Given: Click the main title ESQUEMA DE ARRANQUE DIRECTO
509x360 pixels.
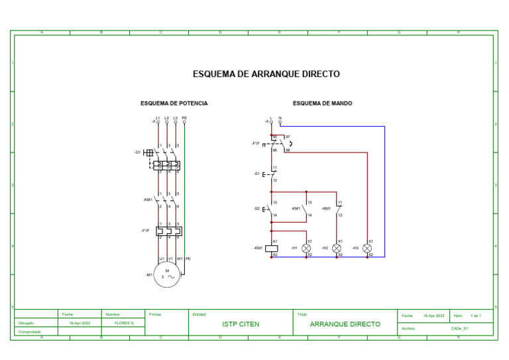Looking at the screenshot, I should (x=266, y=74).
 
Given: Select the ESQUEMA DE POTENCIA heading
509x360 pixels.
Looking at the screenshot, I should (x=174, y=103).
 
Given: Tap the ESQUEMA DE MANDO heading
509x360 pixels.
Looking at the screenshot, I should (x=322, y=103).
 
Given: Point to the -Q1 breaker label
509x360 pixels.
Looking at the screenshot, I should (x=137, y=152).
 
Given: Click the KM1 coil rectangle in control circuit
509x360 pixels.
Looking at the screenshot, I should (x=272, y=248).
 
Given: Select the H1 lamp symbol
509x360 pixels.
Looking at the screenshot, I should (x=306, y=248).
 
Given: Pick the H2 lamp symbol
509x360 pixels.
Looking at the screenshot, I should (x=337, y=248).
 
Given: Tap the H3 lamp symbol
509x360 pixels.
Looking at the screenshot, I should (x=367, y=248).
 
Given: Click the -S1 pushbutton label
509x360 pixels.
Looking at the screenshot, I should (x=256, y=174).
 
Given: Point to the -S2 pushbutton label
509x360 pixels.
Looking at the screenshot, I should (x=256, y=209).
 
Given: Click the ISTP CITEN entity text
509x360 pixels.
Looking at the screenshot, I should (x=240, y=325).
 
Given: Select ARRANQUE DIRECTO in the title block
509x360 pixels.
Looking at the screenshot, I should (x=345, y=325).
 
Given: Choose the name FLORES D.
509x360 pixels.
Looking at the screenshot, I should (x=125, y=324).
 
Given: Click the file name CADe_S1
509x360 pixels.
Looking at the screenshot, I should (x=460, y=328).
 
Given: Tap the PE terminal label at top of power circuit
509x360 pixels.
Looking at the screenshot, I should (x=184, y=117).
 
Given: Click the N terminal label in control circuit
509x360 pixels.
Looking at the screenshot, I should (x=280, y=117).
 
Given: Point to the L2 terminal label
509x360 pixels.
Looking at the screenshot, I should (x=166, y=117).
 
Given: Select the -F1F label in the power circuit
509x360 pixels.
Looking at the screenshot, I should (x=145, y=231).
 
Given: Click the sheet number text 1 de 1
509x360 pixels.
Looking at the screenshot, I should (x=475, y=316).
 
